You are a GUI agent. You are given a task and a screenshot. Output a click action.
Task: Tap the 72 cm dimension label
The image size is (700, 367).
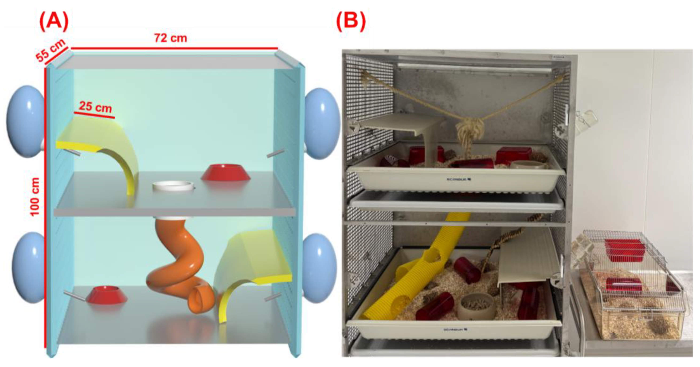[171, 38]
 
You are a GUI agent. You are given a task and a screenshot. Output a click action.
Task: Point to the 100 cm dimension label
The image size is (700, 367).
[35, 197]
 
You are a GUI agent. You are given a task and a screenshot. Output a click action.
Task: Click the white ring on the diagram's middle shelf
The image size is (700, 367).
[173, 186]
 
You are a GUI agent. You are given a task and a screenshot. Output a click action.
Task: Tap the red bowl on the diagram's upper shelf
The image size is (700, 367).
[226, 172]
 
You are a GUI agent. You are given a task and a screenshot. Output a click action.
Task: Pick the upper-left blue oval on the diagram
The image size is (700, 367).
[26, 121]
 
